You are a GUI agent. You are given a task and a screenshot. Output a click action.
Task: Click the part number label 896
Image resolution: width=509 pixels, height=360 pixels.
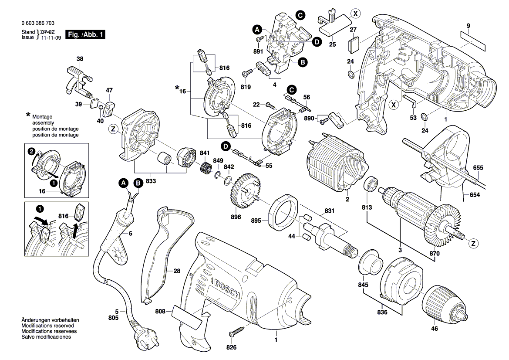point(236,217)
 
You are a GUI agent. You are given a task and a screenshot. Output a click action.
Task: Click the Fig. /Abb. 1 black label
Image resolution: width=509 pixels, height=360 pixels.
point(85,35)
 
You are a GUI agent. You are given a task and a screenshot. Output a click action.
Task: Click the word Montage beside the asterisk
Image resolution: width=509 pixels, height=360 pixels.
point(42,117)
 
